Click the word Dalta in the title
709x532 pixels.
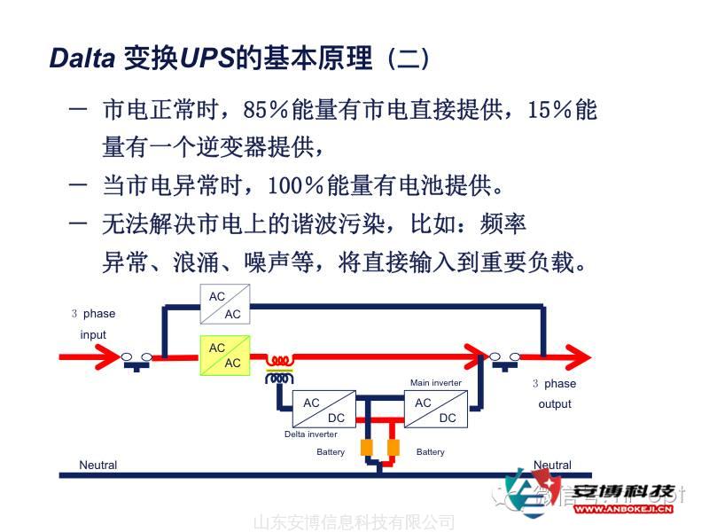click(x=82, y=59)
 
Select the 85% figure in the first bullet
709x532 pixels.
click(x=265, y=111)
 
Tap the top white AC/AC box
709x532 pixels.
click(x=225, y=305)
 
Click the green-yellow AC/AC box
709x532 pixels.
click(x=225, y=356)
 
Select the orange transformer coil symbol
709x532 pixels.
click(x=281, y=368)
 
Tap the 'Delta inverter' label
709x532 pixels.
click(x=310, y=434)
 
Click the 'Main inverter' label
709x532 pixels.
click(x=435, y=383)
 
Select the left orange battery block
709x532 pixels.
click(x=365, y=448)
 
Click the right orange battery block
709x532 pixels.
click(x=393, y=448)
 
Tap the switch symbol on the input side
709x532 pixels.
click(x=136, y=359)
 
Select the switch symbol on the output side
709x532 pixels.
click(x=505, y=359)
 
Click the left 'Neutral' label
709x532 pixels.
click(x=97, y=465)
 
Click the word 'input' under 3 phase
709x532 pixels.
click(x=93, y=334)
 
